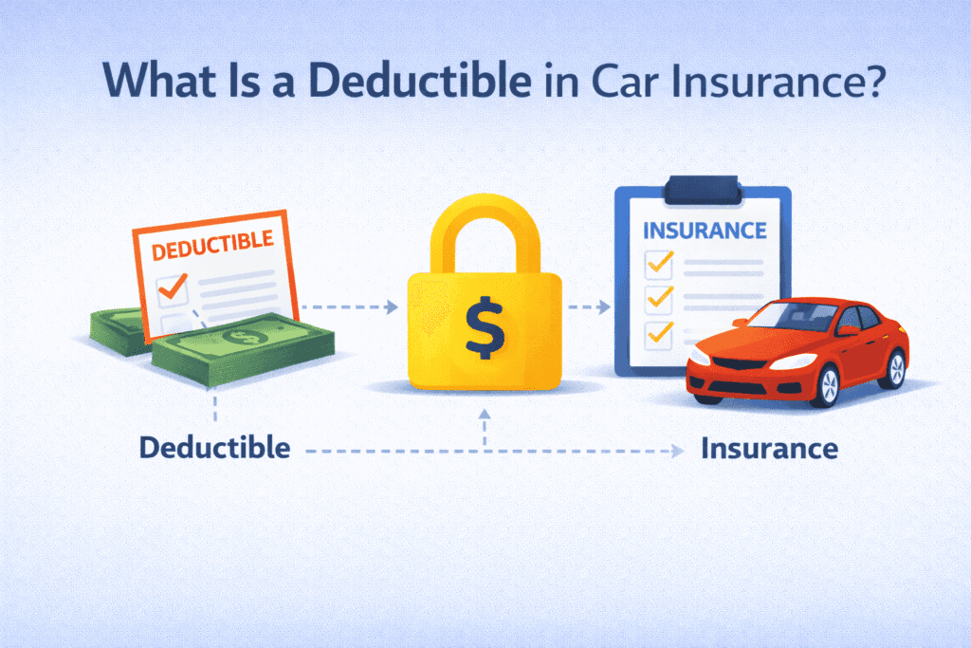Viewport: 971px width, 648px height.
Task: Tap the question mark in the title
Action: click(x=872, y=82)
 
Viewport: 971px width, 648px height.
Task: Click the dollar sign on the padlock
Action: click(x=485, y=325)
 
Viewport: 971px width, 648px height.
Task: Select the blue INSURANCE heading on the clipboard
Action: click(x=704, y=231)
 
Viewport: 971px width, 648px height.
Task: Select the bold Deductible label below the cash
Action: click(x=215, y=447)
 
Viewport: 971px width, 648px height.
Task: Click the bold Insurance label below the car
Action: click(x=769, y=448)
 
